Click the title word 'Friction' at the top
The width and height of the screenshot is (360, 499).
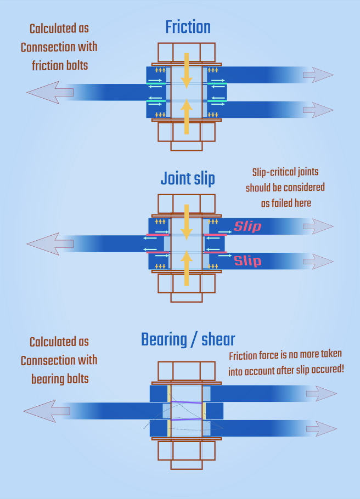(188, 27)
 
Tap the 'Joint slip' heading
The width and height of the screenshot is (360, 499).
(188, 179)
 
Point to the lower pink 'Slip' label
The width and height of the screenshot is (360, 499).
(248, 260)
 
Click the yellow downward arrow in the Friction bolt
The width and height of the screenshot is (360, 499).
(187, 71)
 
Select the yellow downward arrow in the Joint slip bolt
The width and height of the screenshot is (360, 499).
(187, 222)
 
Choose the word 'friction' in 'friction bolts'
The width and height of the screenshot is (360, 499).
(47, 65)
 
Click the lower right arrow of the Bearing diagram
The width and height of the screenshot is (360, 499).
(321, 428)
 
